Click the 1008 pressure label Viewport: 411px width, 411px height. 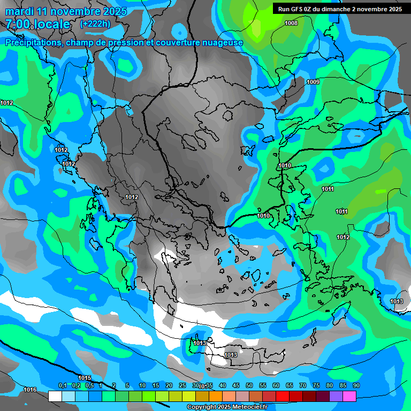click(x=291, y=23)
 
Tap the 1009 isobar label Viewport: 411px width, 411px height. click(x=313, y=82)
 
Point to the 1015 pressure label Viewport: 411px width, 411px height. click(x=85, y=378)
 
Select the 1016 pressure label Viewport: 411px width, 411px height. click(x=30, y=390)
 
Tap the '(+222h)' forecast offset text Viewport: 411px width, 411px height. click(x=95, y=24)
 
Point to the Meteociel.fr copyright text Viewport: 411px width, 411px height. click(x=227, y=407)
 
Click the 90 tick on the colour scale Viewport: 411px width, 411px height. click(x=356, y=385)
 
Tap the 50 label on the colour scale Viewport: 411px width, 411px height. click(x=249, y=385)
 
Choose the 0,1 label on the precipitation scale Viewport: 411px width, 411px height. click(x=62, y=385)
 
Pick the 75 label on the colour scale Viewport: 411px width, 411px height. click(x=316, y=385)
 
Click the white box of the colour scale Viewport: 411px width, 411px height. click(x=55, y=396)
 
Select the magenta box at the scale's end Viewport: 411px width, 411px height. click(x=349, y=396)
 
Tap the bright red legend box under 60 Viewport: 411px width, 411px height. click(x=283, y=396)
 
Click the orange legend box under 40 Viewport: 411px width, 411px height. click(x=216, y=396)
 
